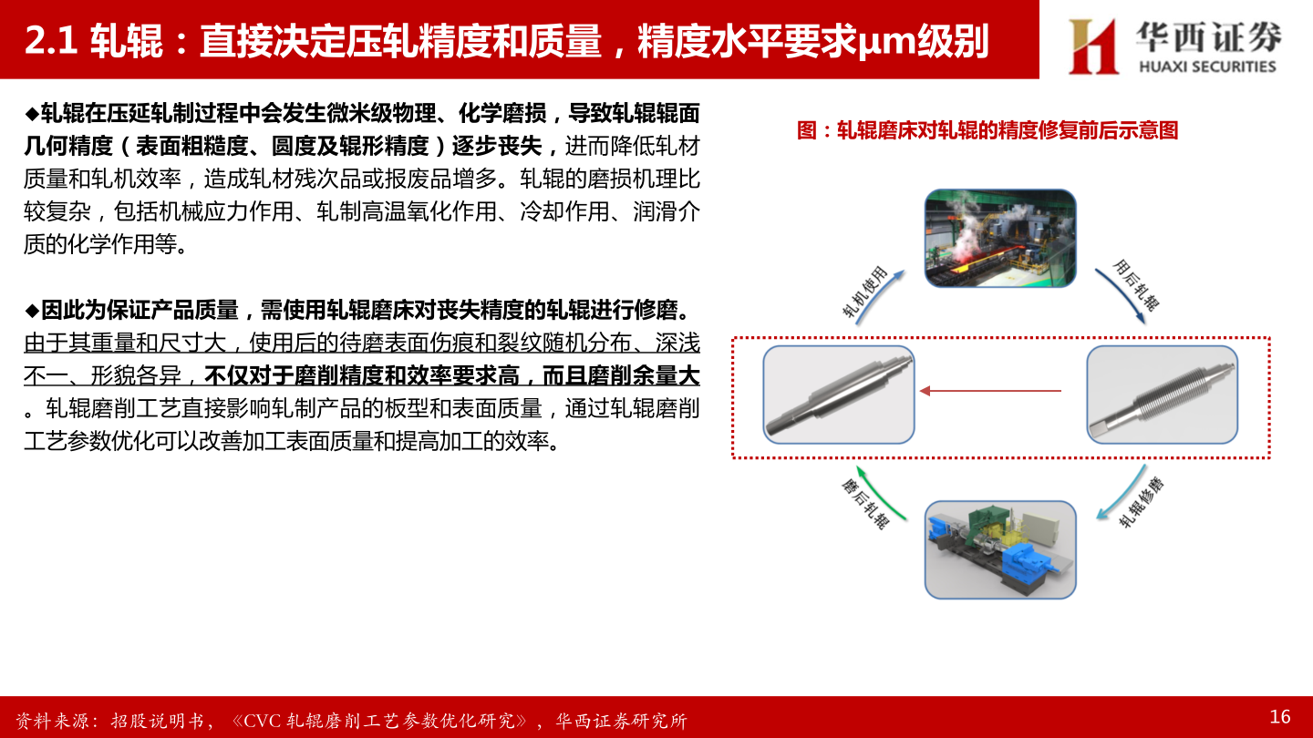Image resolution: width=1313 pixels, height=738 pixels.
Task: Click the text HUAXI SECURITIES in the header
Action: (x=1207, y=67)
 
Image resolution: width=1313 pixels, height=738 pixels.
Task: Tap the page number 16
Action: (x=1280, y=717)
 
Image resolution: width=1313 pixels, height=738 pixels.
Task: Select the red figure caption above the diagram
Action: (x=987, y=130)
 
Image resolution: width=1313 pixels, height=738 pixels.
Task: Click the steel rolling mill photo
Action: (x=1000, y=238)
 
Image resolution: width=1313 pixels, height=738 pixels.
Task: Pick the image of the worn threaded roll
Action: (x=1162, y=395)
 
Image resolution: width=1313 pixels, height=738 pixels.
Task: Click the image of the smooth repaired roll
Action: (x=838, y=395)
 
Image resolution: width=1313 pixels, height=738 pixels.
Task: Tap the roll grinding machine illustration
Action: (x=1000, y=549)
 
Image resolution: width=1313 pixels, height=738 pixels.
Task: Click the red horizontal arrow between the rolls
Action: (x=990, y=391)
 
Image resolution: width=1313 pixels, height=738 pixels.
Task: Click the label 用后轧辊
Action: (x=1136, y=285)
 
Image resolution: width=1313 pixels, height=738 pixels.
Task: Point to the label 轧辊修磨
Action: (x=1142, y=502)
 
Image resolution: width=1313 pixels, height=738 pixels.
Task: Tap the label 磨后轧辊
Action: (x=864, y=504)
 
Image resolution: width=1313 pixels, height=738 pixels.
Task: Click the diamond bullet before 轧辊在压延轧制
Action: (x=32, y=114)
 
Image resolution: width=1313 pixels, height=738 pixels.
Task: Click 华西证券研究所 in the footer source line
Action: (x=621, y=721)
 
